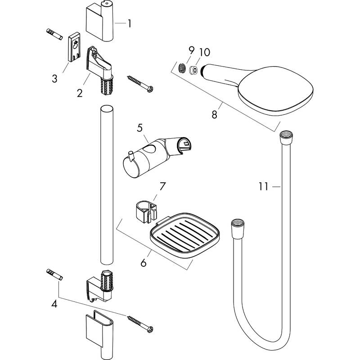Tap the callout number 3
(x=54, y=79)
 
